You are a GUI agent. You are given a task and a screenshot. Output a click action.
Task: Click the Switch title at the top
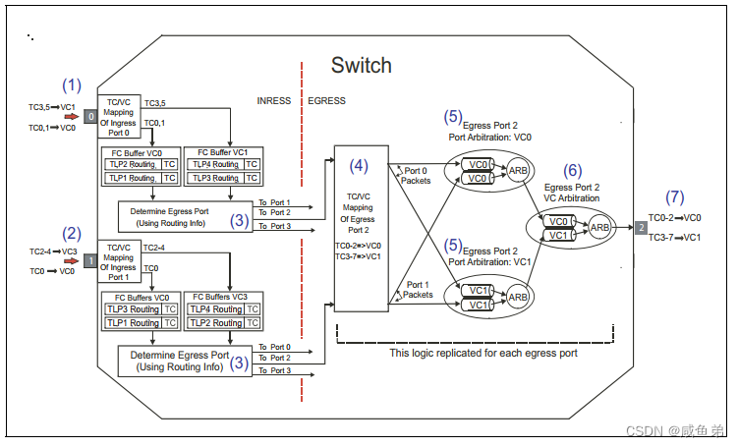point(361,66)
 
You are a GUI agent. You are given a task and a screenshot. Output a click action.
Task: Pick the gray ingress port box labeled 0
point(90,117)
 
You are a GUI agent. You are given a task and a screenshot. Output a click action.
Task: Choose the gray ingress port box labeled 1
point(90,261)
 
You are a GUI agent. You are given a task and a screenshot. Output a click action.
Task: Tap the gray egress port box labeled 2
point(640,228)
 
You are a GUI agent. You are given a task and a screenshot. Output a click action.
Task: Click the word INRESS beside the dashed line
point(274,101)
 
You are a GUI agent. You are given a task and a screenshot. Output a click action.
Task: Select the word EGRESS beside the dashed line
point(327,101)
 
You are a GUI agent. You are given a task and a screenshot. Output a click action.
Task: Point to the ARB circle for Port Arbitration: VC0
point(519,171)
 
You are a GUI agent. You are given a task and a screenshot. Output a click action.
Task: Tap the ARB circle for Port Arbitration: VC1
point(519,296)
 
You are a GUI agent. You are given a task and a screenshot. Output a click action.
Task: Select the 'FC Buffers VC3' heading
point(225,296)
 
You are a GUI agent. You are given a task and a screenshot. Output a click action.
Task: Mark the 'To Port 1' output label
point(274,200)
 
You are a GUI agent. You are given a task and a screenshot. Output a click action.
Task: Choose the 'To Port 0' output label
point(274,347)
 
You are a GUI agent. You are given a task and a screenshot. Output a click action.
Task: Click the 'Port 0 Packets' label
point(416,175)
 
